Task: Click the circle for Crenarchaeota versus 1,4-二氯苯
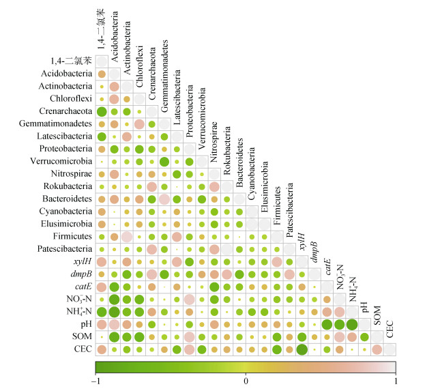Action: coord(102,111)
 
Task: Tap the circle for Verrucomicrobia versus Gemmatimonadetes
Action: coord(164,161)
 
